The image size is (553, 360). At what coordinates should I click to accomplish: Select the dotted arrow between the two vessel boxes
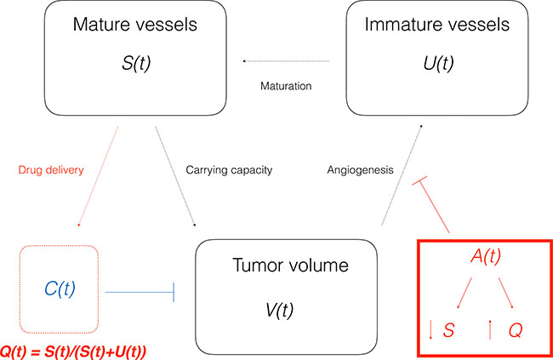coord(285,61)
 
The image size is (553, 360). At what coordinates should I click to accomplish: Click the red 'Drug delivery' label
coord(50,170)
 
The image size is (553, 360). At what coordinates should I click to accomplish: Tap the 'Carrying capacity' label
coord(228,170)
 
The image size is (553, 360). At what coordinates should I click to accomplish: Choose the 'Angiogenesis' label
coord(360,170)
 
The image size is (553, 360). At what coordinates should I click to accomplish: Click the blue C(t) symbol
coord(60,289)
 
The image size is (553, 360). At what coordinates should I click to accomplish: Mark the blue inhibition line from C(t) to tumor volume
coord(137,292)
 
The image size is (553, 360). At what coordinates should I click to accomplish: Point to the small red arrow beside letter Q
coord(493,329)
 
